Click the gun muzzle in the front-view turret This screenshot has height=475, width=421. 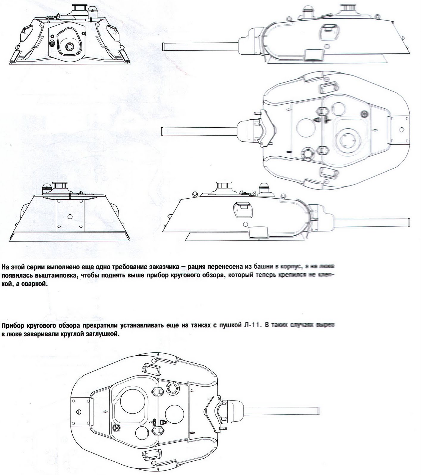tap(70, 47)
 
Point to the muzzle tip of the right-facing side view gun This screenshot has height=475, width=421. tap(408, 222)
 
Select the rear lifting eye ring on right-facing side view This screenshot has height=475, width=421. tap(195, 194)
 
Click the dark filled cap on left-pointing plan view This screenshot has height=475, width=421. tap(363, 113)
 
